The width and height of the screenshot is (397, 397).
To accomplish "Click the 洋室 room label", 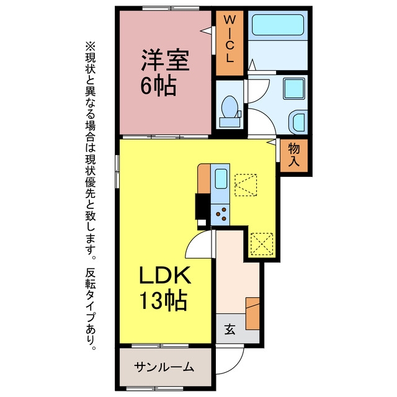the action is point(165,60).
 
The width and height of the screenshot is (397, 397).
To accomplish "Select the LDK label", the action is point(165,275).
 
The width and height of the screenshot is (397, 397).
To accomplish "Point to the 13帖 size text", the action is point(164,301).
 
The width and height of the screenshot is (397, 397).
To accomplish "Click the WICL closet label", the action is point(230,39).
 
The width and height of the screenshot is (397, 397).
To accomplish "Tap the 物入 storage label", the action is point(294,154).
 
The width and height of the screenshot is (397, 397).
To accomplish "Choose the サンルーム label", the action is point(164,367).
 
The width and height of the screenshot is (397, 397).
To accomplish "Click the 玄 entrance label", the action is point(230,329).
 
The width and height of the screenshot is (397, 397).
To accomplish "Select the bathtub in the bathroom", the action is point(278,25).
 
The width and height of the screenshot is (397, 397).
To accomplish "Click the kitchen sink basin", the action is point(221,179).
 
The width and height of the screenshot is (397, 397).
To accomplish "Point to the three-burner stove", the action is point(220,215).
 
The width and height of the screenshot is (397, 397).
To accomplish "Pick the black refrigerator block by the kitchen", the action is point(202,207).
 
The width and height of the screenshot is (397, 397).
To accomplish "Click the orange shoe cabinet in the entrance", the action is point(252,313).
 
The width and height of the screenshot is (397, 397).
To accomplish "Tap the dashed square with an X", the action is point(262,244).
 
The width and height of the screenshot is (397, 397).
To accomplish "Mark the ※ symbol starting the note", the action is point(91,47).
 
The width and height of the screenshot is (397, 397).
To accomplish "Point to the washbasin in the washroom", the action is point(298,122).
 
